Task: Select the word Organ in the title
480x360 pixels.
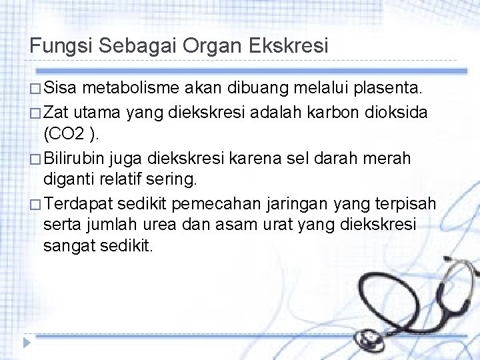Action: click(x=213, y=46)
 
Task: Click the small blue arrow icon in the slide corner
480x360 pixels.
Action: click(x=26, y=343)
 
